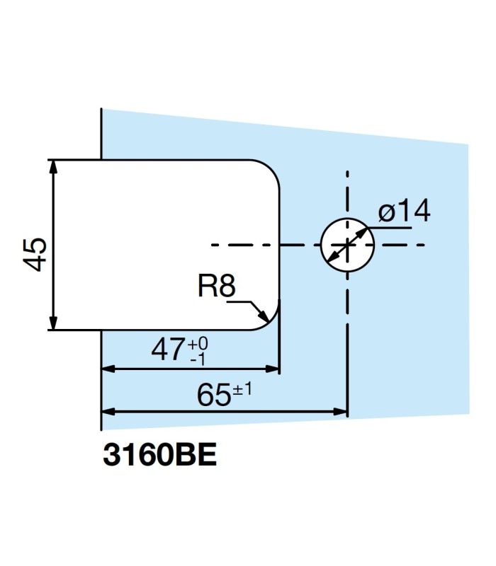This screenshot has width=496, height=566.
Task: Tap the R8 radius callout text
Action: [215, 287]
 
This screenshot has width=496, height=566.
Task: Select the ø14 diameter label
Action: [404, 212]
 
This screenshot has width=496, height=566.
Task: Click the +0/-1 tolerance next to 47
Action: [199, 351]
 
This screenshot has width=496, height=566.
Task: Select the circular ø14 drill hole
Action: [346, 245]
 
